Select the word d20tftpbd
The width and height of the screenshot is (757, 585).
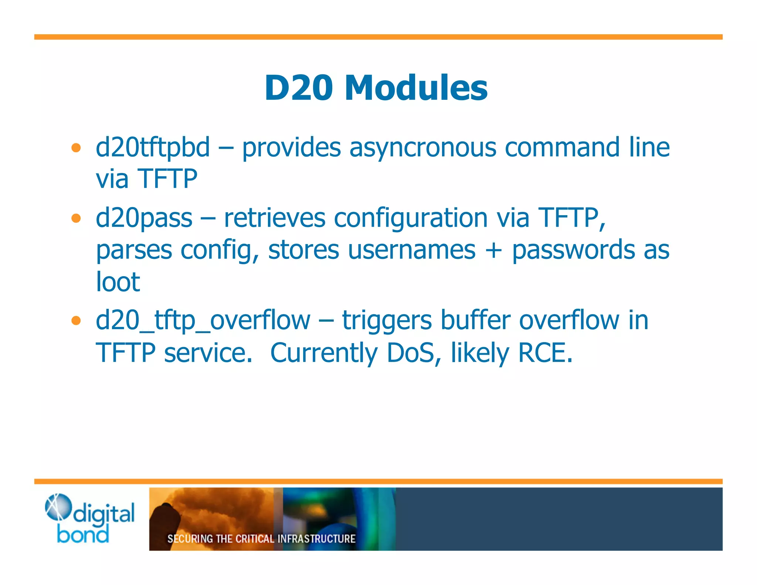click(153, 148)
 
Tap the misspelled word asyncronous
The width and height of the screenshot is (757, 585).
click(422, 148)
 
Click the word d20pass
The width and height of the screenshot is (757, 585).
click(144, 218)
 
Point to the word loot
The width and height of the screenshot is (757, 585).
click(118, 282)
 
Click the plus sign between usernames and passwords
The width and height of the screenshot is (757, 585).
click(493, 250)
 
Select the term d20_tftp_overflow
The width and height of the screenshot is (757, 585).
click(203, 321)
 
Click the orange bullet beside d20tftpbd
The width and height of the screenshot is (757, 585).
click(76, 148)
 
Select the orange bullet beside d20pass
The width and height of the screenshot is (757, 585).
click(76, 218)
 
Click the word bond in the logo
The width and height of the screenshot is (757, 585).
click(83, 534)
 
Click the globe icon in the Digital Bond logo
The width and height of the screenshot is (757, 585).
click(57, 507)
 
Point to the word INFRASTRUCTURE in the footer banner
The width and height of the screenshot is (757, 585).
click(316, 538)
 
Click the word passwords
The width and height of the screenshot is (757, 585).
click(573, 250)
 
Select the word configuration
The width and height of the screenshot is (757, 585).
click(411, 218)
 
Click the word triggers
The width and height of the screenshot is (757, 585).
click(387, 321)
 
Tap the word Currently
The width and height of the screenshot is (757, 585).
click(324, 353)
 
